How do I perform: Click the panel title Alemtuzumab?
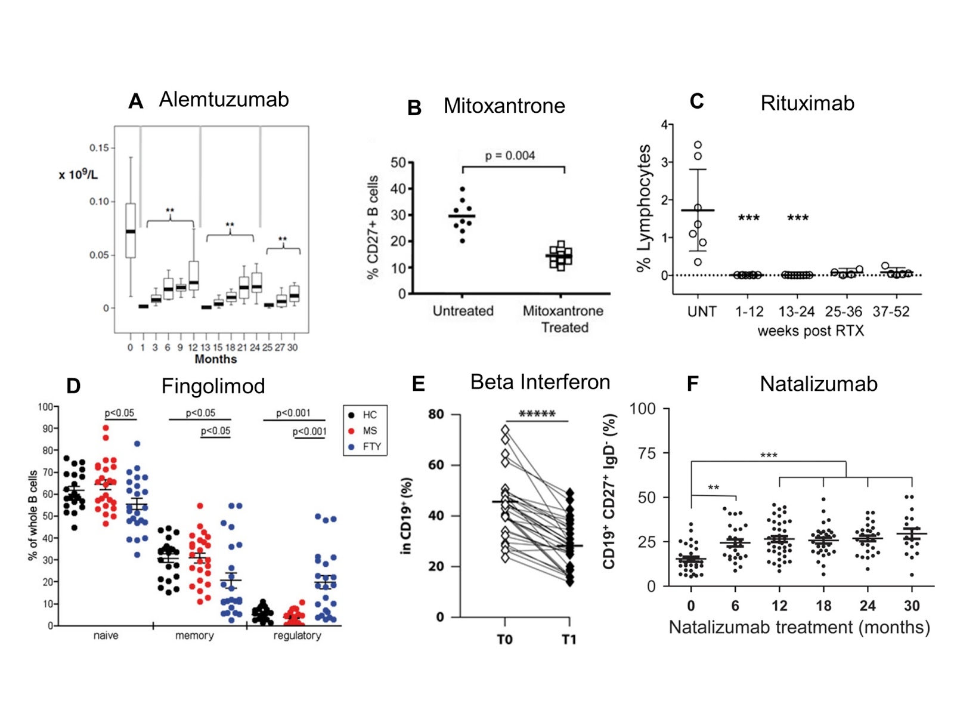pyautogui.click(x=224, y=99)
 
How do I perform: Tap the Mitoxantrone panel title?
pyautogui.click(x=504, y=106)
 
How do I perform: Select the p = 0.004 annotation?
pyautogui.click(x=510, y=156)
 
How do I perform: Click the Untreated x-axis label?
pyautogui.click(x=463, y=311)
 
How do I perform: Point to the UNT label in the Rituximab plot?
pyautogui.click(x=701, y=311)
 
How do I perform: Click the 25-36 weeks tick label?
pyautogui.click(x=843, y=311)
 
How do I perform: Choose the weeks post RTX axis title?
pyautogui.click(x=810, y=331)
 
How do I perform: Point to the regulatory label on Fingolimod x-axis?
pyautogui.click(x=297, y=635)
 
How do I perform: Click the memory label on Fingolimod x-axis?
pyautogui.click(x=194, y=635)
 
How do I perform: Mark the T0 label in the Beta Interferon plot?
pyautogui.click(x=504, y=640)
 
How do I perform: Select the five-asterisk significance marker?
pyautogui.click(x=537, y=414)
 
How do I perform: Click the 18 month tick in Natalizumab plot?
pyautogui.click(x=823, y=606)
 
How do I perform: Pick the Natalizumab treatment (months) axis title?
pyautogui.click(x=799, y=627)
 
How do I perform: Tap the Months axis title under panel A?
pyautogui.click(x=215, y=359)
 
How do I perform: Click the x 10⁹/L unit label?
pyautogui.click(x=78, y=174)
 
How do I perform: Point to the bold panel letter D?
pyautogui.click(x=73, y=386)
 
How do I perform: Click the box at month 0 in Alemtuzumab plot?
pyautogui.click(x=131, y=231)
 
